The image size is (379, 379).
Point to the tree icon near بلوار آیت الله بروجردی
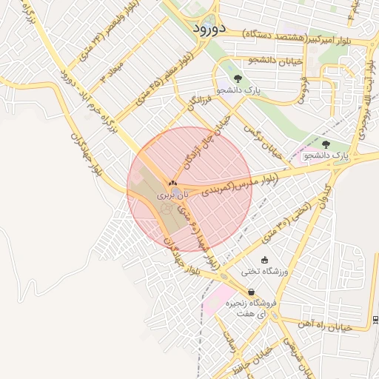(x=326, y=144)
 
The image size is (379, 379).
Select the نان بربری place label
(x=172, y=195)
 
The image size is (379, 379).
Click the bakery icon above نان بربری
(x=172, y=182)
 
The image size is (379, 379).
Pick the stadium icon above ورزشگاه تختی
(x=265, y=259)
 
